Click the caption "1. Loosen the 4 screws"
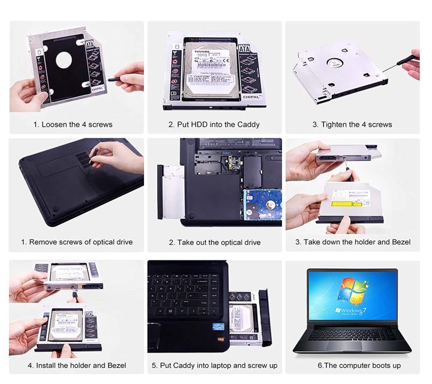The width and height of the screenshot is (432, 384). pos(73,125)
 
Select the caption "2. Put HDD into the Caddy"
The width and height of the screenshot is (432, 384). pos(214,125)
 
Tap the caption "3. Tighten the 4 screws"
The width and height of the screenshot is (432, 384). pos(352,125)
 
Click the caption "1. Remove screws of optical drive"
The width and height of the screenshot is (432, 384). pos(77,242)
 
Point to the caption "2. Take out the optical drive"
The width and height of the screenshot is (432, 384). pos(214,242)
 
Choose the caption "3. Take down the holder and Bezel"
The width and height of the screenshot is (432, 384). pos(353,242)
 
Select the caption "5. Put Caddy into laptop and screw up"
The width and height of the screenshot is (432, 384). pos(214,365)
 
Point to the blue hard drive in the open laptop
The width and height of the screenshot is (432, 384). pos(262,207)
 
